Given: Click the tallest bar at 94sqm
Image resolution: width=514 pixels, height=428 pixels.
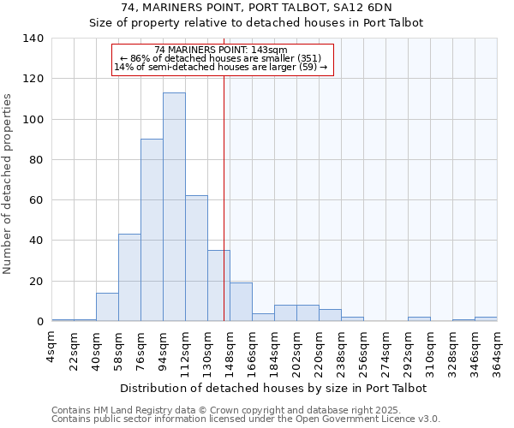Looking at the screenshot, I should click(174, 207).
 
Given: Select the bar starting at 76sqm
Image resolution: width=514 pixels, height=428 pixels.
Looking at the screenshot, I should click(152, 230).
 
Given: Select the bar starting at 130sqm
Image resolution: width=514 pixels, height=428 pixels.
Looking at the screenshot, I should click(218, 286).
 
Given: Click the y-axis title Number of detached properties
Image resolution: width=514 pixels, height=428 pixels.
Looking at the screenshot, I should click(8, 185).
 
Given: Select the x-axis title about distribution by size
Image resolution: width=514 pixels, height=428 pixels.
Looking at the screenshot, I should click(273, 388).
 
